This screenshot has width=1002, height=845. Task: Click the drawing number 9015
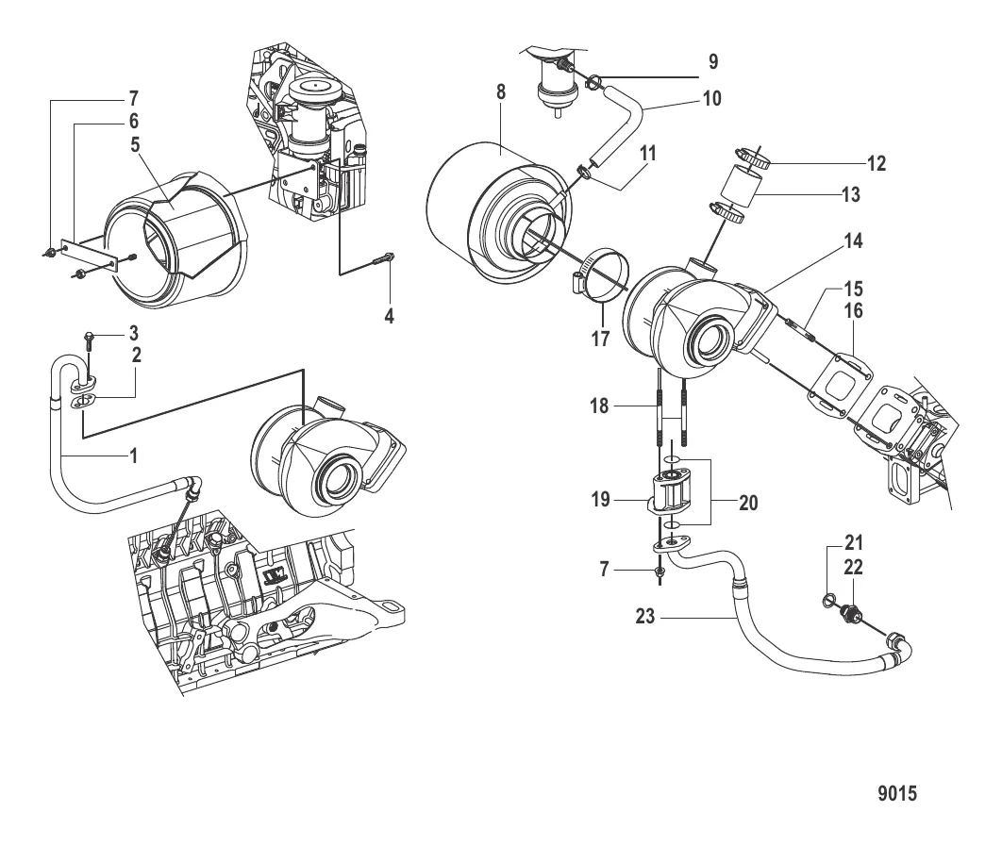click(x=897, y=793)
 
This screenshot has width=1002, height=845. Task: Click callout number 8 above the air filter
click(x=501, y=92)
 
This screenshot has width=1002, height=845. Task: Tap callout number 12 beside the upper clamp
click(x=877, y=163)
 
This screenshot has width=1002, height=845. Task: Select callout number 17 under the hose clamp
click(x=600, y=339)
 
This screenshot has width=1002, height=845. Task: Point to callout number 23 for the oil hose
click(x=645, y=617)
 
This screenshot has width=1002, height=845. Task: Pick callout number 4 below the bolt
click(x=389, y=316)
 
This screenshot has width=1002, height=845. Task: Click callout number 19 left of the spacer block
click(x=600, y=499)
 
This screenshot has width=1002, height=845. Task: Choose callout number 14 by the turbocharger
click(x=853, y=240)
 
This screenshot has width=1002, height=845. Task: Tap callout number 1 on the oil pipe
click(x=134, y=456)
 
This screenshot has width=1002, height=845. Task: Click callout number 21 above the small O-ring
click(x=854, y=543)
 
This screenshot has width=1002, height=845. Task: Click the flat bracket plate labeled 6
click(x=90, y=255)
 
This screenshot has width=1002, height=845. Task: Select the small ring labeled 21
click(x=828, y=599)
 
